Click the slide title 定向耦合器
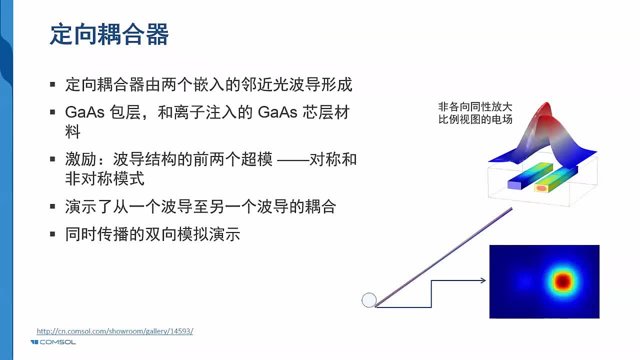click(109, 35)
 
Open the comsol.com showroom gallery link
click(115, 331)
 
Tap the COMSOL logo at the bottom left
click(53, 342)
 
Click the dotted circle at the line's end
click(368, 300)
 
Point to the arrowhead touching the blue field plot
click(483, 280)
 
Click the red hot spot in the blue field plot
click(563, 281)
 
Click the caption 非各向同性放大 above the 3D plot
click(475, 107)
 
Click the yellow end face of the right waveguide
click(541, 188)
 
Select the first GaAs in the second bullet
click(84, 112)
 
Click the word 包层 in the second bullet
click(124, 112)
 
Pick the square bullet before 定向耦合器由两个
click(52, 84)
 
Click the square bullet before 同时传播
click(52, 234)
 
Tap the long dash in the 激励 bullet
click(292, 160)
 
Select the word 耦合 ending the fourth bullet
click(319, 206)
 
